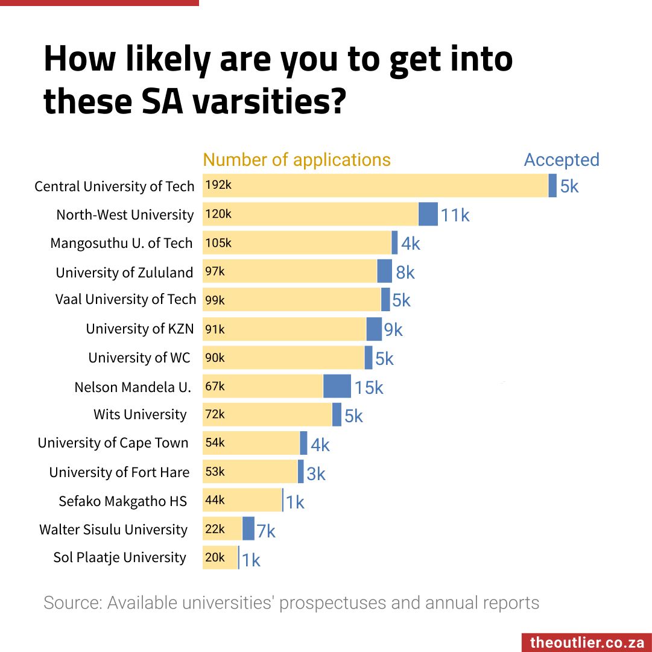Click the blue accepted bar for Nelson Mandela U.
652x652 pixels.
coord(337,386)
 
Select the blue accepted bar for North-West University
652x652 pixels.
coord(428,214)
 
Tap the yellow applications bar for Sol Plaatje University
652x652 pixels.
coord(220,557)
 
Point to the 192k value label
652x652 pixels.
coord(218,185)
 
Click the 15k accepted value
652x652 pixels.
coord(369,388)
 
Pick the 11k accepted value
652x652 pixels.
coord(455,215)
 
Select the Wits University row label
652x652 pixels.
coord(140,414)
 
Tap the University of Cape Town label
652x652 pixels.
coord(113,443)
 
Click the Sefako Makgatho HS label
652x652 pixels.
coord(122,501)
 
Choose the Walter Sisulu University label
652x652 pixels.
coord(113,530)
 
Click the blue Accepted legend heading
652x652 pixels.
coord(562,160)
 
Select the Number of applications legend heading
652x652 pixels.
coord(297,160)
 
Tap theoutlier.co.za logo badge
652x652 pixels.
coord(586,642)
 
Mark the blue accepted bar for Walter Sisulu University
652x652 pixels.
coord(248,528)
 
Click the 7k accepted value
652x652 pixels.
coord(265,531)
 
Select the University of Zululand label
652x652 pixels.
coord(124,273)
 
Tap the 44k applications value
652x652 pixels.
coord(215,499)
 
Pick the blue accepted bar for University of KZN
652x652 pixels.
coord(374,329)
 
